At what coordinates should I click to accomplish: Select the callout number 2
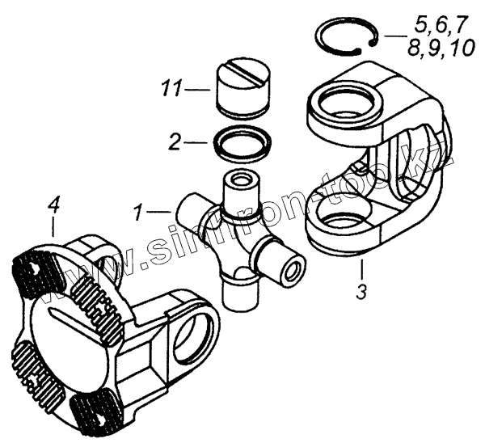pos(174,142)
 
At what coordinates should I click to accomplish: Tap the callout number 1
pos(138,214)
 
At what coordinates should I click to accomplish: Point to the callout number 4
pos(53,207)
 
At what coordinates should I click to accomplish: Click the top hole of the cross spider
pos(240,179)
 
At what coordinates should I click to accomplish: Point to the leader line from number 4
pos(54,227)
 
